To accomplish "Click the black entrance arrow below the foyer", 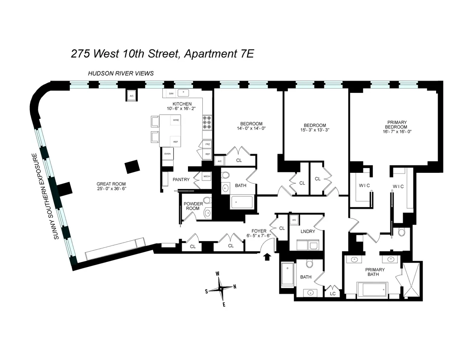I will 267,257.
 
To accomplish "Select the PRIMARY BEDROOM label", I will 396,127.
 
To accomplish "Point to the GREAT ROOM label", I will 111,184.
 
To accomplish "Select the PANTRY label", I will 181,179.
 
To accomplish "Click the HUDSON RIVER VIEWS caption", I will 121,73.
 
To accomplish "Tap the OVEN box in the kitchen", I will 167,154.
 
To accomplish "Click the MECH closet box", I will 207,177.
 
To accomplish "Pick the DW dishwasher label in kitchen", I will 171,94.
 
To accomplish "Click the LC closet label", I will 333,294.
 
